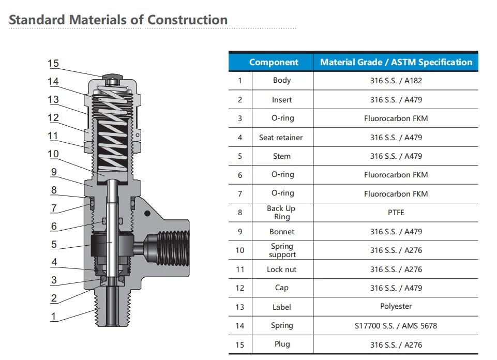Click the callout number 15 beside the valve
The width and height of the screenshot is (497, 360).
point(53,64)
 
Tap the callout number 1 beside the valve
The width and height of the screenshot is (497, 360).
point(54,316)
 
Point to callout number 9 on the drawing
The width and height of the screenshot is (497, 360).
point(54,172)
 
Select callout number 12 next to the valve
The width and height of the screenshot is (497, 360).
point(53,118)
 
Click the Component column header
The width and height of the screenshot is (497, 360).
point(274,62)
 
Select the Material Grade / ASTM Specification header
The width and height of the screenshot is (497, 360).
point(396,62)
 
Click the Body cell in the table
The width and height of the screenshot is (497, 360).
point(282,81)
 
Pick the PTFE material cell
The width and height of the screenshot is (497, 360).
point(396,212)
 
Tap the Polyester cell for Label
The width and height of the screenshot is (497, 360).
point(396,306)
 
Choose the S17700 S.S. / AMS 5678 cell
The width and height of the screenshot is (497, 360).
point(396,325)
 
